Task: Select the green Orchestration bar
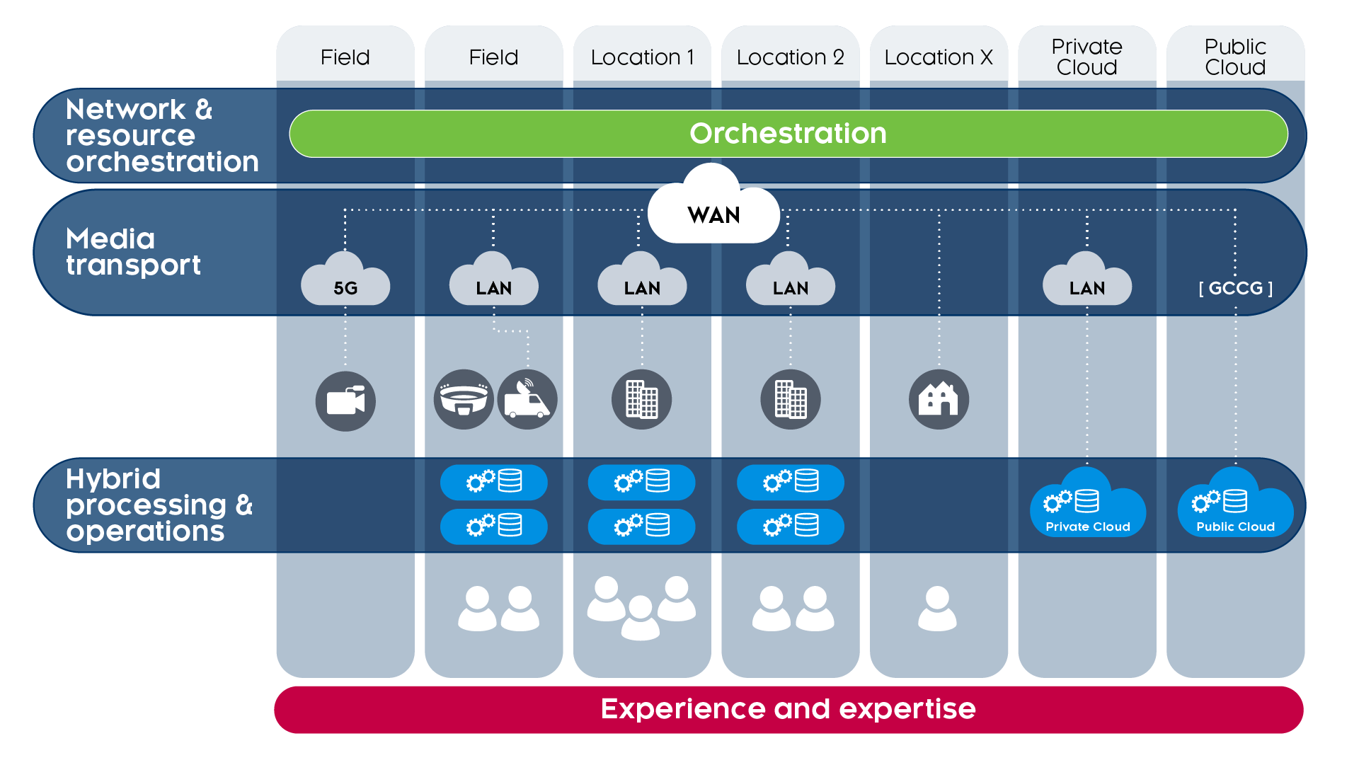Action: pyautogui.click(x=788, y=134)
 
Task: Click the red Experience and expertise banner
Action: pyautogui.click(x=788, y=709)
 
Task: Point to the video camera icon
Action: pyautogui.click(x=345, y=401)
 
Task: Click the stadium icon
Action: pyautogui.click(x=464, y=400)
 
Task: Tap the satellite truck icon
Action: pyautogui.click(x=527, y=400)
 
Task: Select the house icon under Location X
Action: pyautogui.click(x=939, y=400)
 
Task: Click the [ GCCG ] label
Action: pyautogui.click(x=1235, y=288)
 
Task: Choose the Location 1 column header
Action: pyautogui.click(x=642, y=57)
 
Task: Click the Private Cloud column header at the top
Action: pyautogui.click(x=1086, y=57)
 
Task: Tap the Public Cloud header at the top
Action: pyautogui.click(x=1235, y=57)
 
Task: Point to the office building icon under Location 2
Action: pyautogui.click(x=791, y=400)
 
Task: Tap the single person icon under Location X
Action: pyautogui.click(x=937, y=609)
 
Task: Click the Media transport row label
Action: pyautogui.click(x=133, y=252)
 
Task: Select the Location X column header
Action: pyautogui.click(x=939, y=57)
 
